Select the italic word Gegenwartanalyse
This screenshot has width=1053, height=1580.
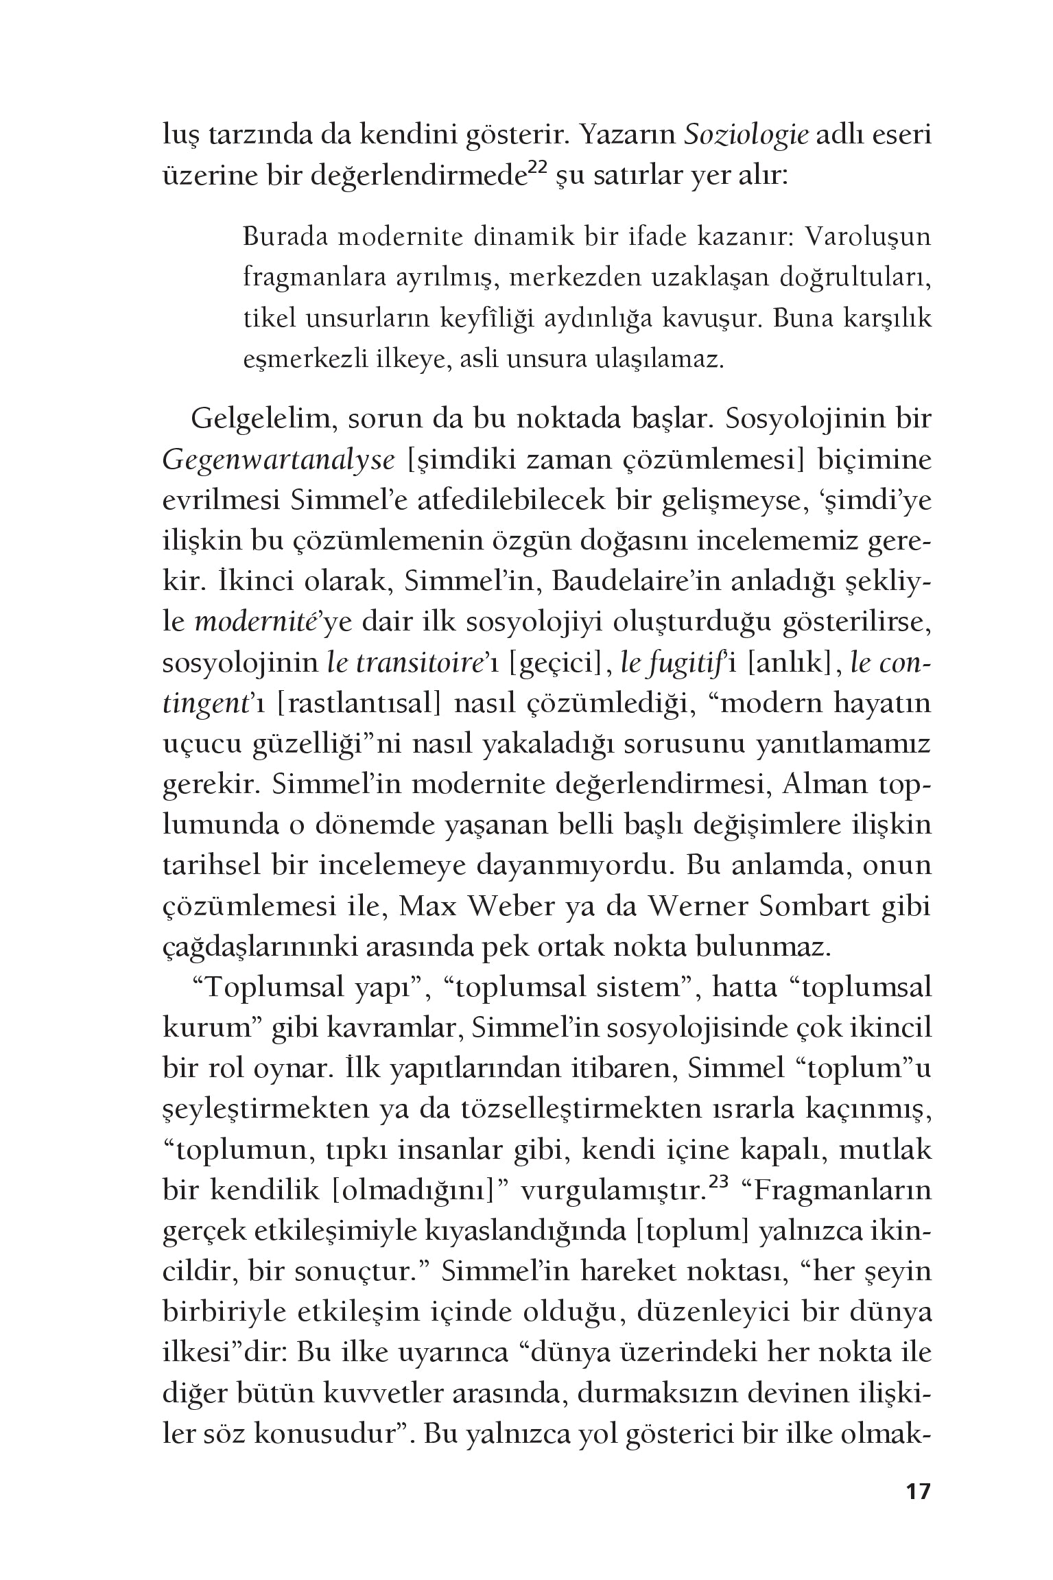pyautogui.click(x=279, y=461)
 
